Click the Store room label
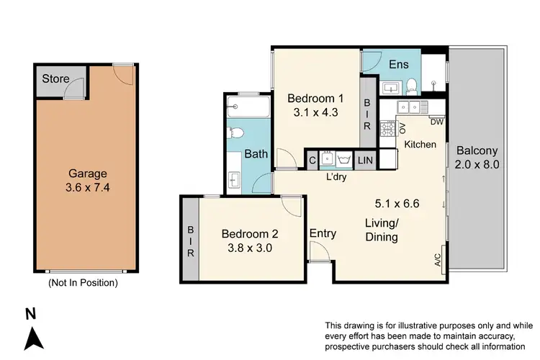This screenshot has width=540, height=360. click(x=55, y=78)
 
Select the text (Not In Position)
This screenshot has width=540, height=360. click(x=82, y=283)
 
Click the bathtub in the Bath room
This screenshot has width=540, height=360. click(x=247, y=109)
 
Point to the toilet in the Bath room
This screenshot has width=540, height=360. click(x=235, y=135)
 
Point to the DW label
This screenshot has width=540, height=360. click(x=436, y=122)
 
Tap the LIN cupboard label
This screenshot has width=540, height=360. click(x=365, y=160)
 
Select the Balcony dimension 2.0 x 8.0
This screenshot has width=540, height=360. click(x=477, y=158)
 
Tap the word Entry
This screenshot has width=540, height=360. click(x=323, y=233)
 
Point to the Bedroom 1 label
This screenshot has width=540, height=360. click(x=315, y=98)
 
